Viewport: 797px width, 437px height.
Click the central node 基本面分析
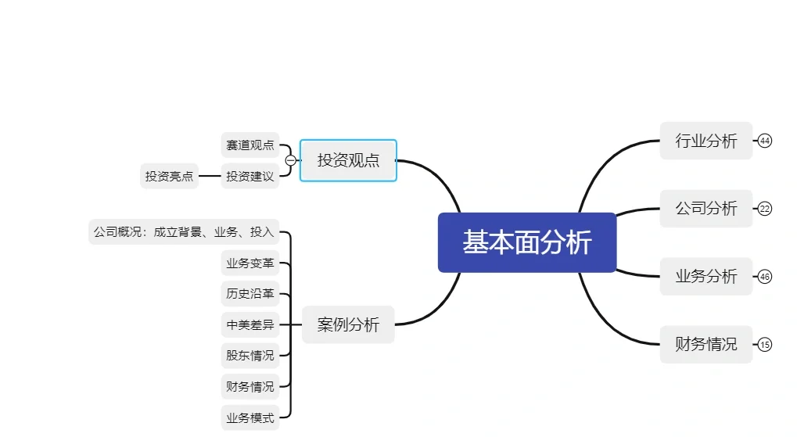(x=526, y=242)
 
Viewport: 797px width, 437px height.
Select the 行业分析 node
(x=705, y=141)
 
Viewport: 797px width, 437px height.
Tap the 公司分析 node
(x=705, y=209)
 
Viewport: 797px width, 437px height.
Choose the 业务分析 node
(x=705, y=277)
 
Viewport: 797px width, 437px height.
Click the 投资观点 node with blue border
(x=348, y=160)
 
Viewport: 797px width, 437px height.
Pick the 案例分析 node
(x=348, y=324)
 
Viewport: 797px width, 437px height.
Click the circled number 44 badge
(x=765, y=141)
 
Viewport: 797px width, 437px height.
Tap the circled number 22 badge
(x=765, y=209)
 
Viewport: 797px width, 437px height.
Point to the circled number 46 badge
(x=765, y=277)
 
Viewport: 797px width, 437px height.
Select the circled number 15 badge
(x=765, y=345)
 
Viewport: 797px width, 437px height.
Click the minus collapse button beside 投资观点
(x=291, y=160)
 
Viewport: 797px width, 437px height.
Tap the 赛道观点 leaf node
(x=250, y=145)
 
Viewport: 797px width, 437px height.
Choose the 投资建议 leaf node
(x=250, y=177)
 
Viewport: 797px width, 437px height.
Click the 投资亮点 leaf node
(x=169, y=177)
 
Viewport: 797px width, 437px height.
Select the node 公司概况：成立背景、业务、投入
(x=184, y=232)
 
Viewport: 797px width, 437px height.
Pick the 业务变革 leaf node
(x=250, y=263)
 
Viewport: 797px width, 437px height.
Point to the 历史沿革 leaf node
(x=250, y=294)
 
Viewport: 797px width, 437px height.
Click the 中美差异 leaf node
(x=250, y=324)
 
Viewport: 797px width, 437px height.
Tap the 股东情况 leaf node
(x=250, y=356)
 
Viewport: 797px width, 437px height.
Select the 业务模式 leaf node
(x=250, y=418)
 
